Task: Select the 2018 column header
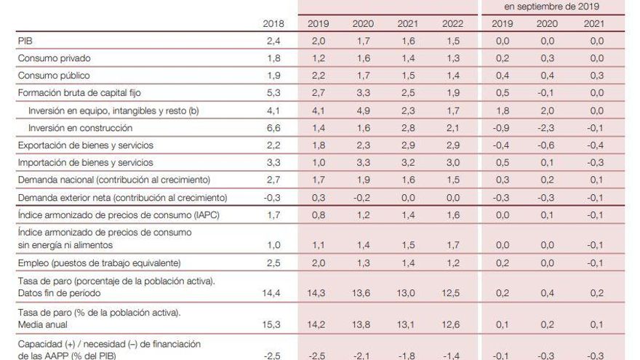[x=274, y=24]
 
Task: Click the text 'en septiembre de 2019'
[x=551, y=6]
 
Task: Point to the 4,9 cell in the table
[x=363, y=111]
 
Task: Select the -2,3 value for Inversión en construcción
[x=545, y=128]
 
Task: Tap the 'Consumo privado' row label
[x=55, y=58]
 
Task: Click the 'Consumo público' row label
[x=55, y=76]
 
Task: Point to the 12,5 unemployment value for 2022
[x=451, y=293]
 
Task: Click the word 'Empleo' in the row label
[x=33, y=263]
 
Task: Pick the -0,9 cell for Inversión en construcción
[x=502, y=128]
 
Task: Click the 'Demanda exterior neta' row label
[x=68, y=198]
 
